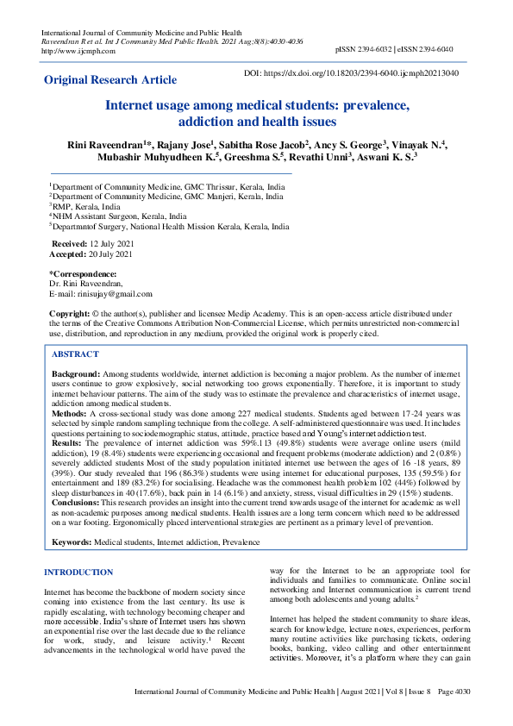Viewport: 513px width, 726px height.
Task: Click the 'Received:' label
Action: click(x=69, y=245)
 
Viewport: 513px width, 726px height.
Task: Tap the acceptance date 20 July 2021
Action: click(x=111, y=254)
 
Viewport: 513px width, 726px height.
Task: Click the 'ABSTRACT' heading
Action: click(x=75, y=354)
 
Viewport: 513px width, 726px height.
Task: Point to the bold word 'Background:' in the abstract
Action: click(x=76, y=373)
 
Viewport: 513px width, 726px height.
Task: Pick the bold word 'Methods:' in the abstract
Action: click(x=69, y=414)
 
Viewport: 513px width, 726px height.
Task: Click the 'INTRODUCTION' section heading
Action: click(x=78, y=572)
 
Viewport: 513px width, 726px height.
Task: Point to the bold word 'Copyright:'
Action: click(x=70, y=313)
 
